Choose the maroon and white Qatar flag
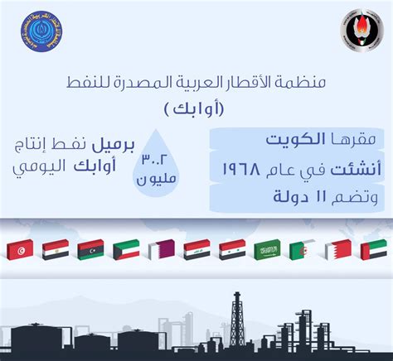pos(161,249)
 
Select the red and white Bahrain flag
pos(337,249)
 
